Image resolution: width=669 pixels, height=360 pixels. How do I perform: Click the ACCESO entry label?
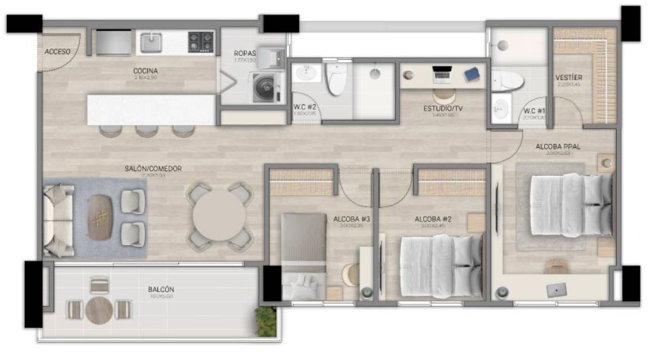pyautogui.click(x=57, y=52)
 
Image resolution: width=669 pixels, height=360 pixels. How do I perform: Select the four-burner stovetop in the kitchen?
pyautogui.click(x=202, y=42)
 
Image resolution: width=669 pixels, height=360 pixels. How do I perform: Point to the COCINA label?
pyautogui.click(x=145, y=71)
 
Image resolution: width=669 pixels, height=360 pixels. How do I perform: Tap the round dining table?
pyautogui.click(x=219, y=216)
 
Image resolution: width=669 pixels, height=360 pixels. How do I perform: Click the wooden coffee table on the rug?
pyautogui.click(x=100, y=217)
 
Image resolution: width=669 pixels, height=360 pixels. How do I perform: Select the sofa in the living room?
pyautogui.click(x=57, y=220)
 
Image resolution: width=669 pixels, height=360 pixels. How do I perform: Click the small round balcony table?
pyautogui.click(x=99, y=309)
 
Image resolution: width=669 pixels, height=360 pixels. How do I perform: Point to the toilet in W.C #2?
pyautogui.click(x=336, y=80)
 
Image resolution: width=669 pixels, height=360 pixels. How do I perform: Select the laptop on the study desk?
pyautogui.click(x=442, y=74)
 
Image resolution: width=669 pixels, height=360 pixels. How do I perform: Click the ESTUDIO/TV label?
pyautogui.click(x=443, y=109)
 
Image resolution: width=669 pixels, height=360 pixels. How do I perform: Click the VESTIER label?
pyautogui.click(x=569, y=78)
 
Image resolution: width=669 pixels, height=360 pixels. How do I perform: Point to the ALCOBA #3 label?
pyautogui.click(x=352, y=219)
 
